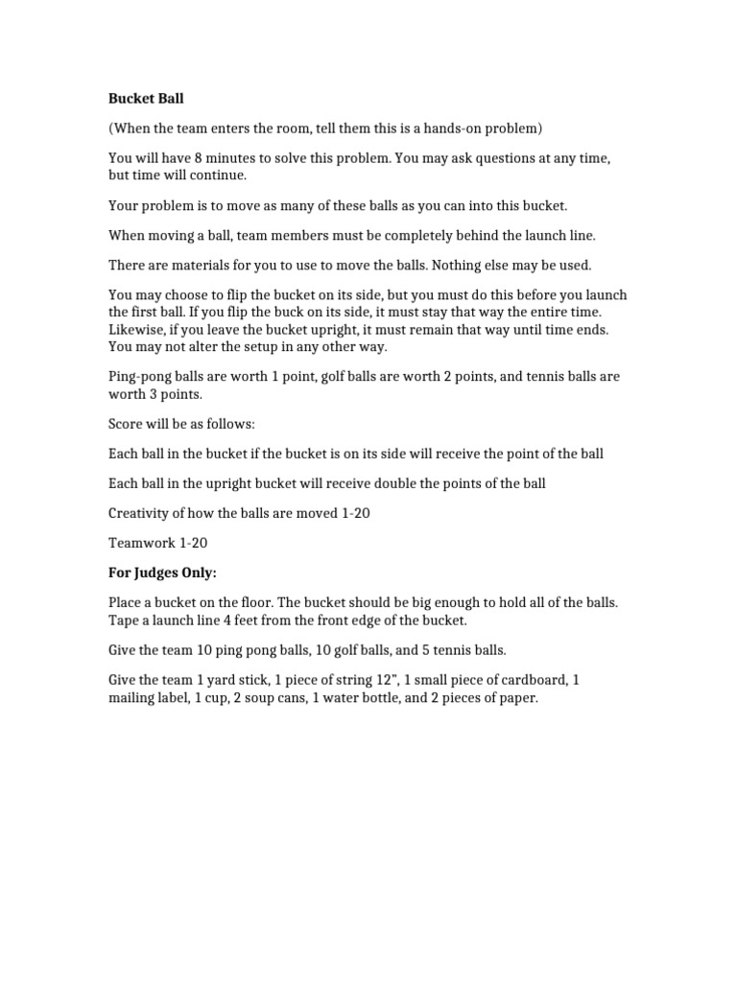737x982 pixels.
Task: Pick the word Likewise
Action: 137,329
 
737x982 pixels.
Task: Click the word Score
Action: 126,423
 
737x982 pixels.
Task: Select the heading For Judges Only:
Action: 163,573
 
